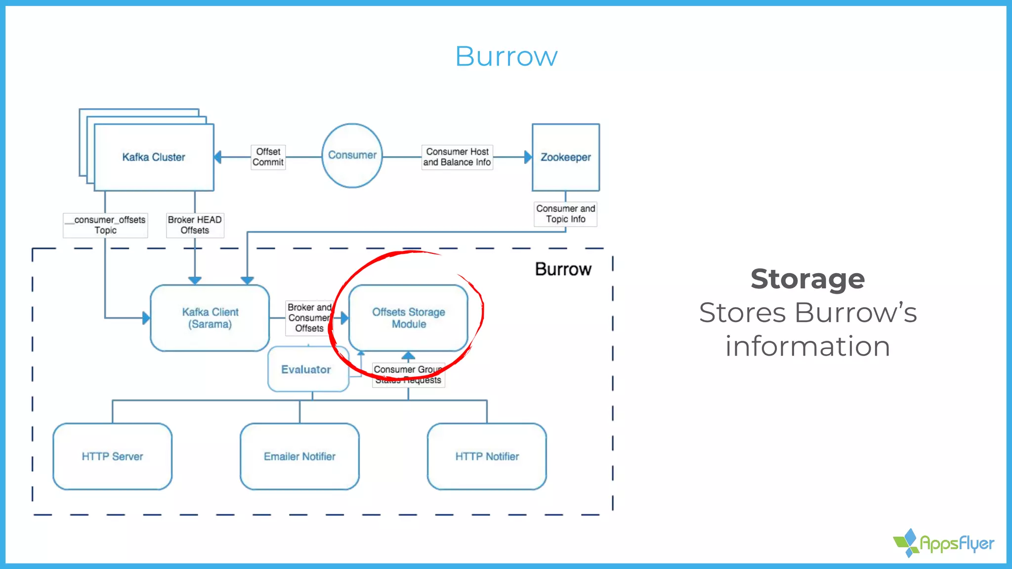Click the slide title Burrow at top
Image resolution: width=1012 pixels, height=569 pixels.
[x=506, y=56]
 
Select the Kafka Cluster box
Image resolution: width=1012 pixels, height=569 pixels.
[x=154, y=157]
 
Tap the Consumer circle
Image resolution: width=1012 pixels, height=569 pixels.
[x=352, y=155]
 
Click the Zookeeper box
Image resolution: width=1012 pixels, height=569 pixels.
[x=565, y=157]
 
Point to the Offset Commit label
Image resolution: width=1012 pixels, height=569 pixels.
[x=268, y=157]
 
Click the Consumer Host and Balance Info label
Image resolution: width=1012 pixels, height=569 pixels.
[x=457, y=157]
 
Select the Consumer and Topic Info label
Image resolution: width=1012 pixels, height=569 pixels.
[x=565, y=214]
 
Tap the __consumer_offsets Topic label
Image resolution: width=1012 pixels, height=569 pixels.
[x=106, y=225]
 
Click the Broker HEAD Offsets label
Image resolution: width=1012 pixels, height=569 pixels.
[x=195, y=225]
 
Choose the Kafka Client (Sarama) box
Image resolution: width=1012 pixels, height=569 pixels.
[x=210, y=318]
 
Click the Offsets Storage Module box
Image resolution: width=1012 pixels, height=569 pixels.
[x=408, y=318]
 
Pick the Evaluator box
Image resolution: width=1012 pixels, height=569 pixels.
[x=306, y=370]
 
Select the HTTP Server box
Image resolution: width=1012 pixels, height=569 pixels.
[x=112, y=456]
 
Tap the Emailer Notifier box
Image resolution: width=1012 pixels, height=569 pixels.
[x=299, y=456]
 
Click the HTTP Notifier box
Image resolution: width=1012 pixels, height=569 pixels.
[x=487, y=456]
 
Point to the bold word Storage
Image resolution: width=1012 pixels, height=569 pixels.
[x=807, y=279]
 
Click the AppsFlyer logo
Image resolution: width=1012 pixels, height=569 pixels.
[x=944, y=543]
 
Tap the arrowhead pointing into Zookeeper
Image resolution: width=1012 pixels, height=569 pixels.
[x=528, y=157]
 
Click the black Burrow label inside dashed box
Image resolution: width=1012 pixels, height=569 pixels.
[x=563, y=269]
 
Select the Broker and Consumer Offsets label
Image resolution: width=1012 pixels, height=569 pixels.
[x=309, y=318]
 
